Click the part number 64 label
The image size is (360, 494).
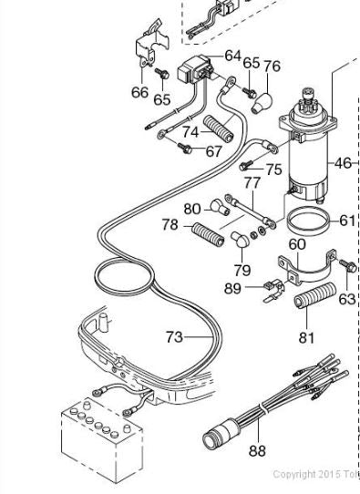pyautogui.click(x=232, y=57)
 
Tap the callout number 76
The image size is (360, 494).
pyautogui.click(x=272, y=67)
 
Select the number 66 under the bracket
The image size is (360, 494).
pyautogui.click(x=139, y=92)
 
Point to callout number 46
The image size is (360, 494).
pyautogui.click(x=343, y=163)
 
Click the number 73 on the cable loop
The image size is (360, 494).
pyautogui.click(x=174, y=336)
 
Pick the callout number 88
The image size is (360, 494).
pyautogui.click(x=257, y=450)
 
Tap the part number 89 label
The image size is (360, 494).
pyautogui.click(x=232, y=288)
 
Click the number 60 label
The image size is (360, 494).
pyautogui.click(x=297, y=244)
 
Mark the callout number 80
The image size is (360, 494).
pyautogui.click(x=191, y=209)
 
